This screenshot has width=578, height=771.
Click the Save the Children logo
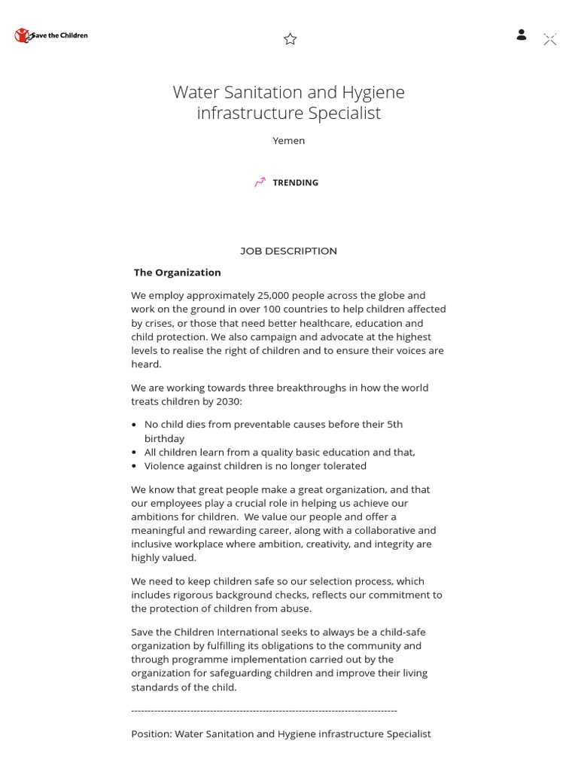51,35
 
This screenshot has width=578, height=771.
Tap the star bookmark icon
291,39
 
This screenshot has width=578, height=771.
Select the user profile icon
521,35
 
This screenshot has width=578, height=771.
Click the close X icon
550,40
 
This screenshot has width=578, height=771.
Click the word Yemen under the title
289,141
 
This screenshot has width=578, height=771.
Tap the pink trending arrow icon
260,182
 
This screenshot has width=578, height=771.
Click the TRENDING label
295,183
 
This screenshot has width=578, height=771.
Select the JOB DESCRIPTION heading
289,251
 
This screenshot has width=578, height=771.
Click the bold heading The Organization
178,273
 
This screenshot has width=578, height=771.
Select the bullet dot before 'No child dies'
135,425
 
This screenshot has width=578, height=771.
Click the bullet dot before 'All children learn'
135,453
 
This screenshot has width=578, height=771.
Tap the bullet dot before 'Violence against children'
135,466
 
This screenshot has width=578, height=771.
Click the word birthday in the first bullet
164,438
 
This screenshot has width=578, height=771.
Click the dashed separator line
264,710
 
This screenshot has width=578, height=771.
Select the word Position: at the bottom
151,733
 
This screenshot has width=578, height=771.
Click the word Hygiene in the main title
373,93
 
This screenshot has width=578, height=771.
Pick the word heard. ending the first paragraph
146,364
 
